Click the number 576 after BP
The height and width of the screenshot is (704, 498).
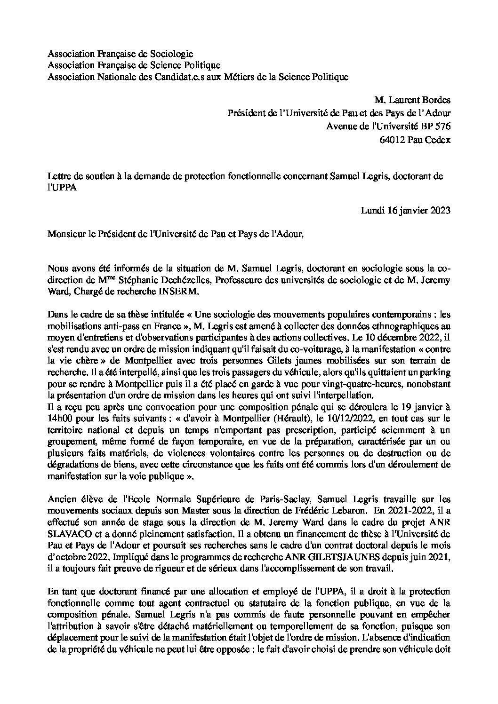tap(443, 127)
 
